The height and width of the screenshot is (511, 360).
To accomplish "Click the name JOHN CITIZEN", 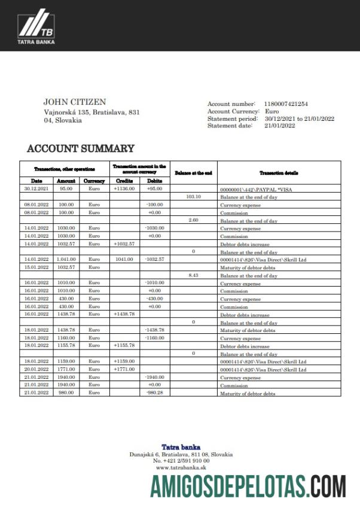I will pyautogui.click(x=75, y=102).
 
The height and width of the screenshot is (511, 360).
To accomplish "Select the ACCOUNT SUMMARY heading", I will pyautogui.click(x=80, y=148).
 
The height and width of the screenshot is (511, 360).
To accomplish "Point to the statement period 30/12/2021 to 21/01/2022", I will pyautogui.click(x=299, y=118).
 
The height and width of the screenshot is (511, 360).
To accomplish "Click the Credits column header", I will pyautogui.click(x=124, y=181).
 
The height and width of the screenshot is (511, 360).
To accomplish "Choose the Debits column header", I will pyautogui.click(x=154, y=181).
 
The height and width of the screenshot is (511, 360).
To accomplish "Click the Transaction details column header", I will pyautogui.click(x=279, y=173).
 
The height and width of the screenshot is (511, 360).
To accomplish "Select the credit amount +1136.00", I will pyautogui.click(x=124, y=188).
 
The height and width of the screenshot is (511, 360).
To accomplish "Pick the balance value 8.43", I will pyautogui.click(x=193, y=275).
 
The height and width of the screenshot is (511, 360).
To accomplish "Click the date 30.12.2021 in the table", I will pyautogui.click(x=36, y=188).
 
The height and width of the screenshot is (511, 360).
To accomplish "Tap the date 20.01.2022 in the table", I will pyautogui.click(x=36, y=370).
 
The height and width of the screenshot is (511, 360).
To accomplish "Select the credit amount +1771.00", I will pyautogui.click(x=124, y=370).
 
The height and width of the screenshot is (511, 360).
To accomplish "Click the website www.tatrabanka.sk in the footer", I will pyautogui.click(x=181, y=467).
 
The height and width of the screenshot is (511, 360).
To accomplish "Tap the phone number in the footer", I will pyautogui.click(x=181, y=461).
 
